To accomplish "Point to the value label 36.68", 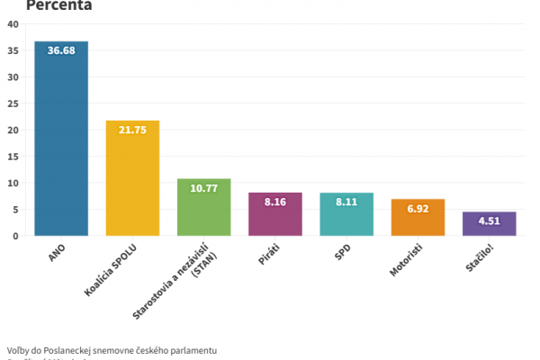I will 61,51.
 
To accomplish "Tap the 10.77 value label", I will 203,189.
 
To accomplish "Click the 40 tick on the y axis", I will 13,24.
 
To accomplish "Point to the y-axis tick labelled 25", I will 13,103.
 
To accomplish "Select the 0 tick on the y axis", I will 15,236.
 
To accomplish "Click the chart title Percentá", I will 58,5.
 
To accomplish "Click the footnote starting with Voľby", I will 112,349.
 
